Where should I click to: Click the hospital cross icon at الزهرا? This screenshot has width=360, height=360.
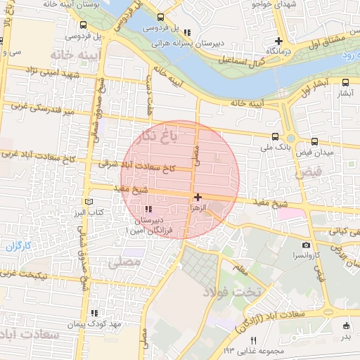tap(198, 198)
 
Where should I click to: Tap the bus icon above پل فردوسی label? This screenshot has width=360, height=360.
tap(161, 17)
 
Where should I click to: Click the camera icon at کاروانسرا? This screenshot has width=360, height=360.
tap(306, 245)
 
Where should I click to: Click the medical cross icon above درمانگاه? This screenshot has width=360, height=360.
tap(279, 41)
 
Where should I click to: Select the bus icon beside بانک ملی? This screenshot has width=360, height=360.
tap(274, 138)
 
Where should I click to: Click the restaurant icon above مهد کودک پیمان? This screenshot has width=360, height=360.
tap(94, 314)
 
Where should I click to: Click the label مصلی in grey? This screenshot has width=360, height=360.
tap(127, 262)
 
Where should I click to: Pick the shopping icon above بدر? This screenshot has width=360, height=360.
tap(346, 325)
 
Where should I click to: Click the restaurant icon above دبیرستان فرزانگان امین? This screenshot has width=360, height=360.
tap(148, 209)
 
